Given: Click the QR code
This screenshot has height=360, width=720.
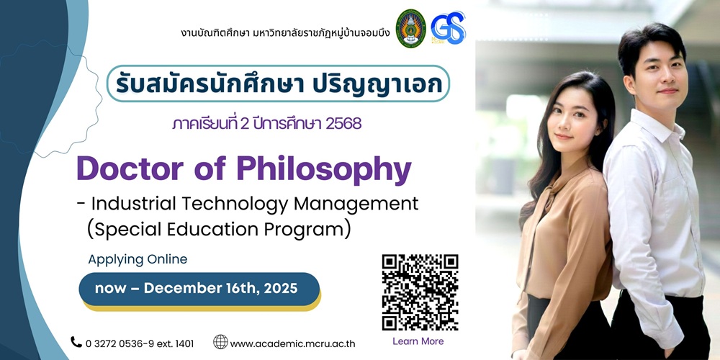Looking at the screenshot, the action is pyautogui.click(x=420, y=292).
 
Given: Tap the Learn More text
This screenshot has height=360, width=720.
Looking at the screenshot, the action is pyautogui.click(x=418, y=341).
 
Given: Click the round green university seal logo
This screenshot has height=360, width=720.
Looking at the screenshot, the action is pyautogui.click(x=411, y=29).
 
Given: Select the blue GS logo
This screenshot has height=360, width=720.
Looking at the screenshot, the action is pyautogui.click(x=448, y=27).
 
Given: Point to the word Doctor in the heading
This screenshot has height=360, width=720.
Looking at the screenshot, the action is pyautogui.click(x=130, y=170).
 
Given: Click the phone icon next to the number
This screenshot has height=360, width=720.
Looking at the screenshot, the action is pyautogui.click(x=76, y=342).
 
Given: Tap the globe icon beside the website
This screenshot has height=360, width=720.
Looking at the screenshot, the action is pyautogui.click(x=220, y=342).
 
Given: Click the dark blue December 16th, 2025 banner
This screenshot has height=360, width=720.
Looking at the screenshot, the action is pyautogui.click(x=199, y=289).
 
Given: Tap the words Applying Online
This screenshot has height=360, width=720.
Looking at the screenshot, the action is pyautogui.click(x=138, y=260).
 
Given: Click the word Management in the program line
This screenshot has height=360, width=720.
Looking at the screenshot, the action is pyautogui.click(x=356, y=204).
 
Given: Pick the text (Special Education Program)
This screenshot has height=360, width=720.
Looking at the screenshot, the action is pyautogui.click(x=219, y=230).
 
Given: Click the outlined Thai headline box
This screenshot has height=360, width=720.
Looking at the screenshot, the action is pyautogui.click(x=278, y=84).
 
